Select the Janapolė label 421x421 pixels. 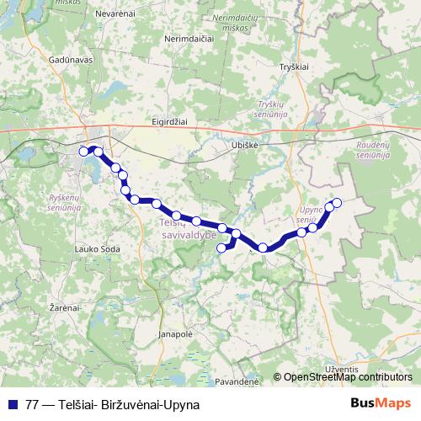[175, 333]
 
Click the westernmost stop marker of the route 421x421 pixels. [83, 151]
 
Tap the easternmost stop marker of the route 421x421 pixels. [337, 202]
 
